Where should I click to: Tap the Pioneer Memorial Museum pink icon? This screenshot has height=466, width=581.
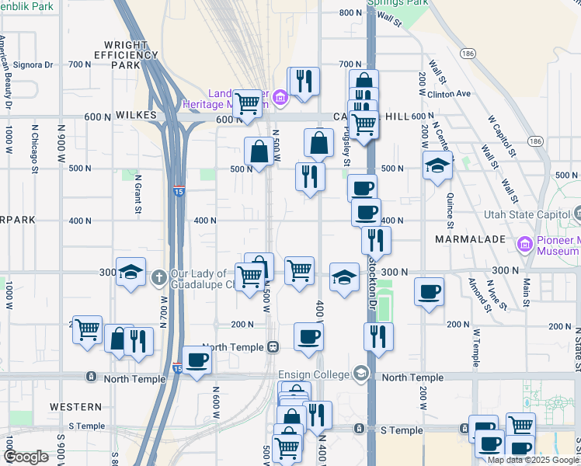(x=526, y=245)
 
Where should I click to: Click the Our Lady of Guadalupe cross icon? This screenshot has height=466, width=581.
(x=158, y=276)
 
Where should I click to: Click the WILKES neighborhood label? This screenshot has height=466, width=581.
(x=136, y=115)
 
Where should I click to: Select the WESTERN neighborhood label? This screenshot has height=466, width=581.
(x=75, y=406)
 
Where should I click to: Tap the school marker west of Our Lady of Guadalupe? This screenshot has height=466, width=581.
(x=131, y=273)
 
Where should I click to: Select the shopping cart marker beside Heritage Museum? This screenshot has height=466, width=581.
(x=247, y=103)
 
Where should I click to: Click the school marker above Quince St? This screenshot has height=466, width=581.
(x=437, y=165)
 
